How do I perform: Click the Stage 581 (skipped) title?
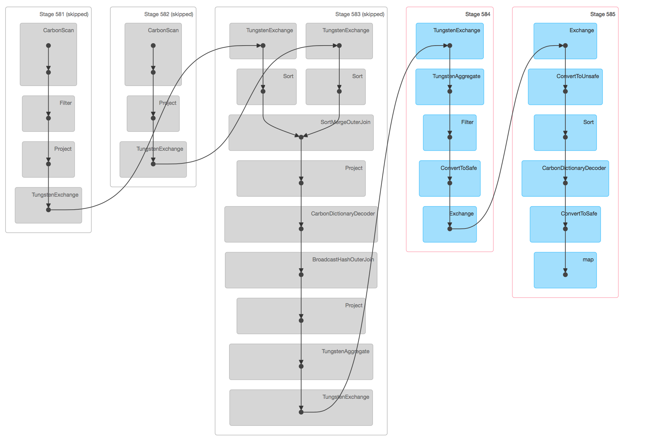(64, 14)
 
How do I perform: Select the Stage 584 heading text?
(477, 14)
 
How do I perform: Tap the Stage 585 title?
(602, 14)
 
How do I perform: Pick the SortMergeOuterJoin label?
(345, 122)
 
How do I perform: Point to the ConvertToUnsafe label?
(577, 76)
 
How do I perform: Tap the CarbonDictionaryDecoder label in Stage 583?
(343, 213)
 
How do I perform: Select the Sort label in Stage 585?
(588, 122)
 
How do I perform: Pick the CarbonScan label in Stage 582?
(163, 30)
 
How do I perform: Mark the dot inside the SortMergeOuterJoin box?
(301, 137)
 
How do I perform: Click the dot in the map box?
(565, 275)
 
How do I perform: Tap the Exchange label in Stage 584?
(461, 213)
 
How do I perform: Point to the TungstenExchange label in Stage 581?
(55, 195)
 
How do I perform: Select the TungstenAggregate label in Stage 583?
(345, 351)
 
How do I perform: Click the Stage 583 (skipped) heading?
(360, 14)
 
